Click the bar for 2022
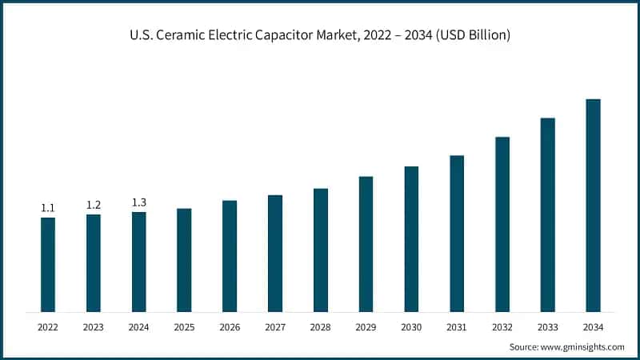[x=48, y=264]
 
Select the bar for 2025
[x=184, y=260]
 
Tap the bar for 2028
[x=321, y=250]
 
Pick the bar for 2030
[x=411, y=238]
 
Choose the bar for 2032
[x=502, y=224]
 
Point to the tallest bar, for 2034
[x=593, y=205]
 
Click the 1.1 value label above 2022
[x=48, y=208]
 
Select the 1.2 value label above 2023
[x=94, y=205]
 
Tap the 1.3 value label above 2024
[x=139, y=202]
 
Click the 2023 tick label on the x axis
[x=94, y=327]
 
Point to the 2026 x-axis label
[x=230, y=327]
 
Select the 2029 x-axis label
[x=366, y=327]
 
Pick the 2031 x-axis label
[x=457, y=327]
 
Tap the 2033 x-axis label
[x=547, y=327]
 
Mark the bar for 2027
[x=275, y=253]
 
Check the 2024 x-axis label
[x=139, y=327]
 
